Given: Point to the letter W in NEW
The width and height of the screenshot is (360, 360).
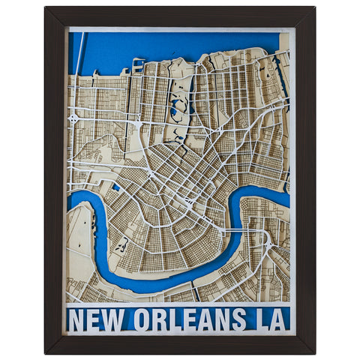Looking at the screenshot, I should click(115, 319).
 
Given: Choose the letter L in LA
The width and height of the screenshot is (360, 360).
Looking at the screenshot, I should click(259, 319).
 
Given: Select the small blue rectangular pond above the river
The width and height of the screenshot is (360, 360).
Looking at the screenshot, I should click(116, 187).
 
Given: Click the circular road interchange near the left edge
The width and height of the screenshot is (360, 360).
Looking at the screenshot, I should click(73, 118).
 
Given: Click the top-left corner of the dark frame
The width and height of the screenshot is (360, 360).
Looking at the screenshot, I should click(46, 9).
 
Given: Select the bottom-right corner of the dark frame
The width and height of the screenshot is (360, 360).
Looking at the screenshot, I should click(313, 351).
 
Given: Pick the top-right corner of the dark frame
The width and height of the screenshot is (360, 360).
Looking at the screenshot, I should click(313, 9).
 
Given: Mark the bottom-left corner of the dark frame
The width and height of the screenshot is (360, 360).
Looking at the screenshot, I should click(46, 351).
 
